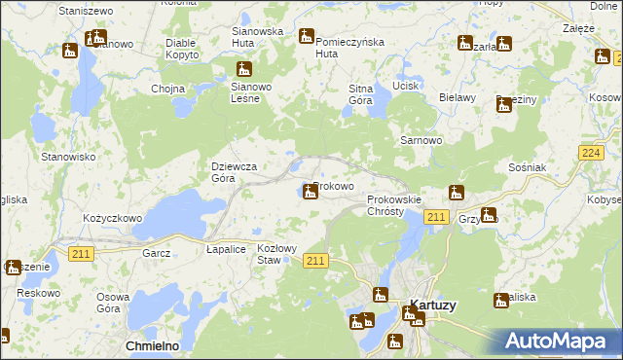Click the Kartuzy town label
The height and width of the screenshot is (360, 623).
(x=434, y=305)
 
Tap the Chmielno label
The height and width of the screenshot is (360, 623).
(x=151, y=345)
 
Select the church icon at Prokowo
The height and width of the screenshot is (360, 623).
(x=311, y=192)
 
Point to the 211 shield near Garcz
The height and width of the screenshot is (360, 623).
(x=81, y=253)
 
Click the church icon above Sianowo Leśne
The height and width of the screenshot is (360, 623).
(x=243, y=68)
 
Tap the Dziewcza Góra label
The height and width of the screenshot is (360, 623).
(x=235, y=172)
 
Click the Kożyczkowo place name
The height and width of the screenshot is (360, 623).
(x=113, y=219)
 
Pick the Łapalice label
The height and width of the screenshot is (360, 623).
(x=226, y=249)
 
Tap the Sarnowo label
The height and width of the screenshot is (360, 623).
(x=422, y=140)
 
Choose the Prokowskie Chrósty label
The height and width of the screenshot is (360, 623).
(x=393, y=205)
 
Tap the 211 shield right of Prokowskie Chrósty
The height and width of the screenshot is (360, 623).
(x=437, y=218)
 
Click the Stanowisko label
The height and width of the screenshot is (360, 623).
(x=67, y=156)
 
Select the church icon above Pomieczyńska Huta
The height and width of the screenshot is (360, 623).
(x=306, y=37)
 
